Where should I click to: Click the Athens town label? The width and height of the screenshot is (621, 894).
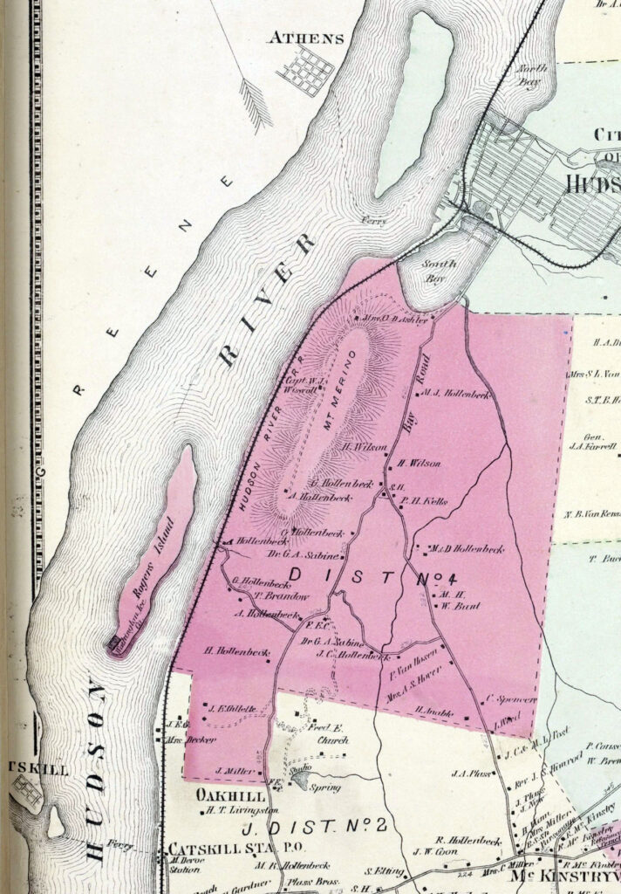pos(306,38)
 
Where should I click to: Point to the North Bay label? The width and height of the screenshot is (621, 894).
pos(529,75)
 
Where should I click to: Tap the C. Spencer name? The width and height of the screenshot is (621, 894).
pos(502,699)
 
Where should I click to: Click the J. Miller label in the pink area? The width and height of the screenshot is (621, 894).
pos(229,772)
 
